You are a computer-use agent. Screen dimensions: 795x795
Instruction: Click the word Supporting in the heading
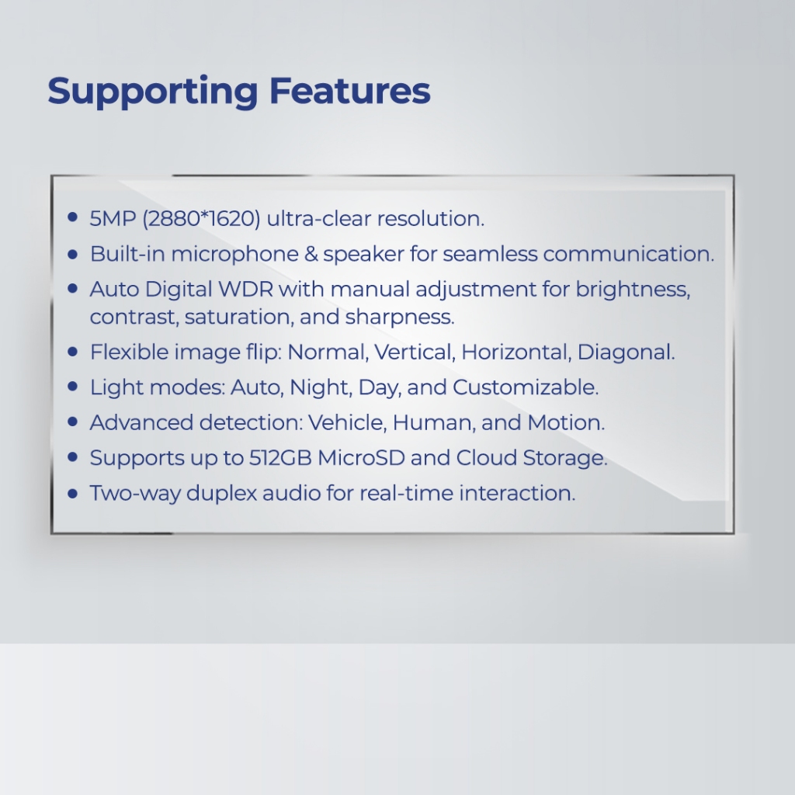pyautogui.click(x=153, y=92)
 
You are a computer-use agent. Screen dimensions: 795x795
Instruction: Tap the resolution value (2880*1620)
pyautogui.click(x=201, y=218)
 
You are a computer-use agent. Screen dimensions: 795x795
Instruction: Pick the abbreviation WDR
pyautogui.click(x=245, y=290)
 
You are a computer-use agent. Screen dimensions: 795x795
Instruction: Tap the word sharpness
pyautogui.click(x=400, y=318)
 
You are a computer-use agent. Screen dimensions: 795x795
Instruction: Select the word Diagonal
pyautogui.click(x=627, y=352)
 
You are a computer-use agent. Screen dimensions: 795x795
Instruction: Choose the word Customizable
pyautogui.click(x=526, y=387)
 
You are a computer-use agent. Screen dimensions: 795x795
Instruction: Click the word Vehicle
pyautogui.click(x=347, y=423)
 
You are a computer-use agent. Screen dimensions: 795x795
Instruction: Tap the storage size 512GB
pyautogui.click(x=279, y=458)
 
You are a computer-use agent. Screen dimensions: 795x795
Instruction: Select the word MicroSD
pyautogui.click(x=361, y=458)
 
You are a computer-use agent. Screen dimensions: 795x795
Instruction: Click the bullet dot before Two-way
pyautogui.click(x=72, y=493)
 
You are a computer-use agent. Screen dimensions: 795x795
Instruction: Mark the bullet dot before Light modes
pyautogui.click(x=72, y=387)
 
